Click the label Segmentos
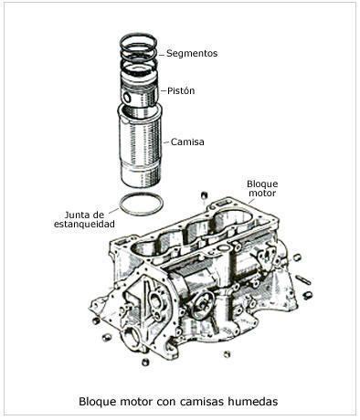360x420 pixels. coord(192,54)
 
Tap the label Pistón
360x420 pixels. coord(181,90)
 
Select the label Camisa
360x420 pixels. coord(187,142)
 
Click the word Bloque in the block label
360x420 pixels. coord(262,184)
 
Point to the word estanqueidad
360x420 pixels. coord(84,224)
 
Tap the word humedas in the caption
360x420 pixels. coord(253,401)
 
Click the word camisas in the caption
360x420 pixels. coord(202,401)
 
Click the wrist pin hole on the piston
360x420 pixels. coord(126,97)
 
